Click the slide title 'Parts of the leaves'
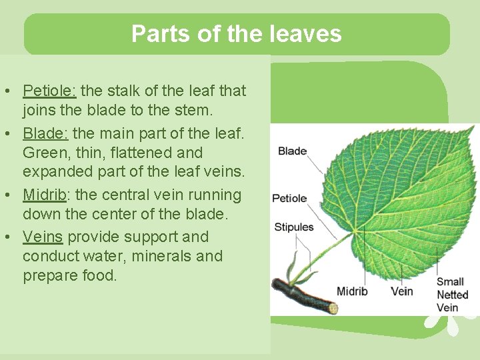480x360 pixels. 236,33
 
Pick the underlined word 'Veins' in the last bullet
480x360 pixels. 43,237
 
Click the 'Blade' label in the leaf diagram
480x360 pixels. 292,151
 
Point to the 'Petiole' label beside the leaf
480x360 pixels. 289,198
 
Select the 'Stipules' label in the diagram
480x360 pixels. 293,227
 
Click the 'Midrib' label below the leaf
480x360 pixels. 351,291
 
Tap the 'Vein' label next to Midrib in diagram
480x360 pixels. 401,291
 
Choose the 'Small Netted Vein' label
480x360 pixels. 451,295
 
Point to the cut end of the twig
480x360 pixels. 333,309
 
